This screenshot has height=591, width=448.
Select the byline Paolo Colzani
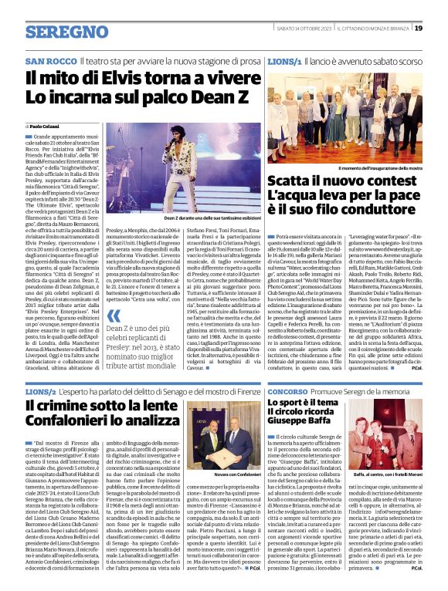46,125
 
